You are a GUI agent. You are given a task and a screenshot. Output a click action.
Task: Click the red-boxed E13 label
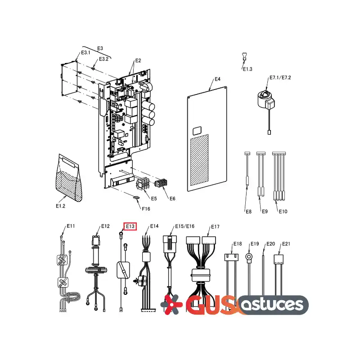coord(130,226)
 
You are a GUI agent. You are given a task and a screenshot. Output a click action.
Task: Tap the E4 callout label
coord(217,79)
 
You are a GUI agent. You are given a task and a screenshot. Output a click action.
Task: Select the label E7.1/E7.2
coord(280,77)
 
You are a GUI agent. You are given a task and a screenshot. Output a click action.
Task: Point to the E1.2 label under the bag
coord(60,206)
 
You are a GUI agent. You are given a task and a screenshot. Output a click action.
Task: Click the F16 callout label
coord(146,209)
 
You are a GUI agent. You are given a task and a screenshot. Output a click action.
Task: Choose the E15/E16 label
coord(185,226)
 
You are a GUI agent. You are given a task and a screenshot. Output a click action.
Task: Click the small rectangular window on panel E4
coord(197,131)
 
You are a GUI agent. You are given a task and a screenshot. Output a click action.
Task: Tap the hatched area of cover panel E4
coord(199,160)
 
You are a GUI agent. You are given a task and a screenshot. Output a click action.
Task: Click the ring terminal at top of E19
coord(249,256)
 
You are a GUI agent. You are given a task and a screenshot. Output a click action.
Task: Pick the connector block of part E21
coord(279,259)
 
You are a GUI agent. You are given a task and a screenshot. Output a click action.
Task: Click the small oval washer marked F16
coord(136,198)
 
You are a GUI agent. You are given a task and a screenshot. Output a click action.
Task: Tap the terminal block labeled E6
coord(161,183)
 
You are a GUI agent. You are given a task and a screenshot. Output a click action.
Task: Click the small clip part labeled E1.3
coord(244,57)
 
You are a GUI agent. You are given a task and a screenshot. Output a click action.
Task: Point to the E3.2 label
coord(103,59)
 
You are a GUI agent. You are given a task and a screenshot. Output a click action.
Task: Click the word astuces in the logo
coord(273,305)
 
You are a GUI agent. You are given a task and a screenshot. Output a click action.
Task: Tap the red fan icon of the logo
coord(171,305)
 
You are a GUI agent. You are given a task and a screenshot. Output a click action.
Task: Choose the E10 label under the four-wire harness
coord(283,211)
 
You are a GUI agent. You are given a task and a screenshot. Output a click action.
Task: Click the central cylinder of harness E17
coord(201,275)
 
